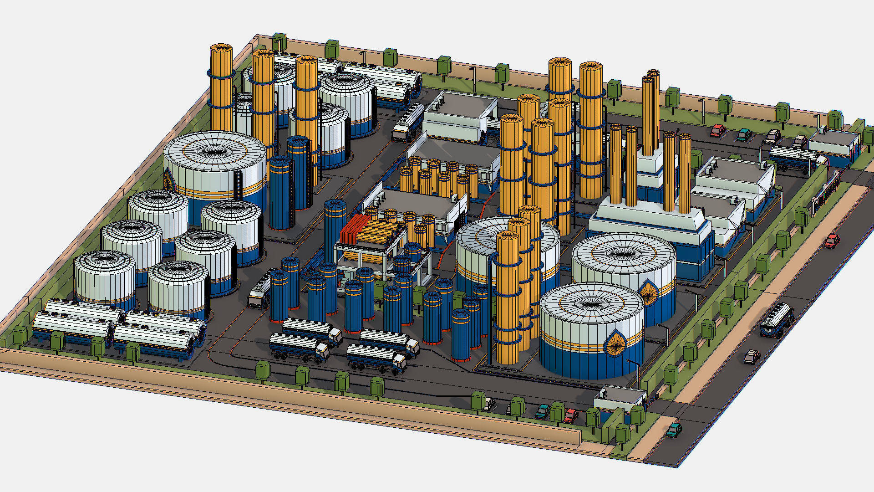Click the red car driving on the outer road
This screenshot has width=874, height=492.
click(832, 241)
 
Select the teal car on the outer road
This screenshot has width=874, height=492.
click(674, 429)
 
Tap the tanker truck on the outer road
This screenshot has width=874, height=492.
click(777, 320)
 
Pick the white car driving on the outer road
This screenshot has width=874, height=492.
click(752, 356)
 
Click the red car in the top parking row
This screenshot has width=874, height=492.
click(718, 131)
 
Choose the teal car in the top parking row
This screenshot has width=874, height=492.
click(744, 134)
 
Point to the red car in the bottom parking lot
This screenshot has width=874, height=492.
click(571, 415)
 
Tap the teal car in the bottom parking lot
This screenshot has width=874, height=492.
click(543, 412)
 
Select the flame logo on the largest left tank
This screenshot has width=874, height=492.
click(169, 179)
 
